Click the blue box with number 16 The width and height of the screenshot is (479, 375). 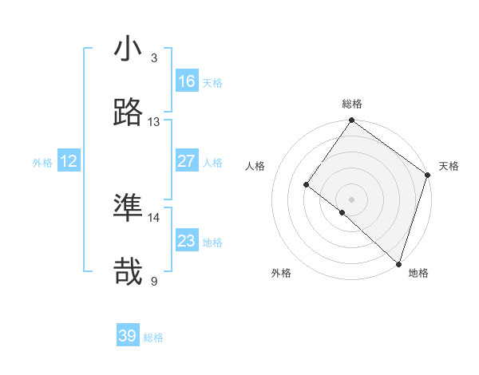coord(187,81)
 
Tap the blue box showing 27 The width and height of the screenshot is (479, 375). coord(187,161)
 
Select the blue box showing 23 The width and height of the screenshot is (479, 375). coord(187,241)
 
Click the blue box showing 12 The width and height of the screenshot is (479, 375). coord(69,161)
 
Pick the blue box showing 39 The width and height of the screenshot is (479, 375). coord(128,336)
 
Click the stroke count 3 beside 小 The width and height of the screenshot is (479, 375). coord(154,58)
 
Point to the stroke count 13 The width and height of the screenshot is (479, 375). coord(154,122)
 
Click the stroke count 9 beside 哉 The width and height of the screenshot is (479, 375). coord(154,282)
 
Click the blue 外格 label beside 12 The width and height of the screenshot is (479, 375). coord(42,163)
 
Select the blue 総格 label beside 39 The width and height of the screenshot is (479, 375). coord(153,337)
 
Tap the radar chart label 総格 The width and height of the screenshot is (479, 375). coord(352,104)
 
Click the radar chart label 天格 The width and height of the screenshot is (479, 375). coord(449,166)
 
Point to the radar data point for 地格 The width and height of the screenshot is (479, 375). coord(398,263)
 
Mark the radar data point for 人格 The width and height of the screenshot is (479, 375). coord(307,185)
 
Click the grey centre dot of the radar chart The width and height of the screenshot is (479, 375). coord(352,199)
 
